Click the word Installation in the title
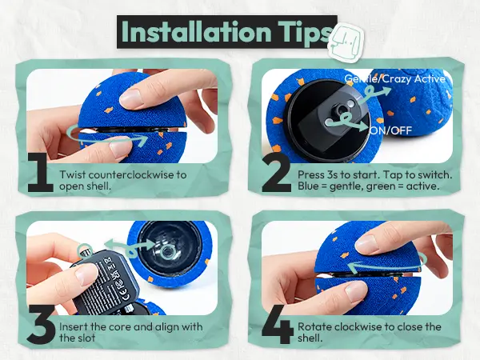pyautogui.click(x=196, y=32)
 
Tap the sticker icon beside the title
pyautogui.click(x=346, y=42)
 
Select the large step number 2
pyautogui.click(x=277, y=173)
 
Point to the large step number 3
pyautogui.click(x=41, y=324)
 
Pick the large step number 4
pyautogui.click(x=278, y=325)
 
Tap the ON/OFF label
pyautogui.click(x=391, y=130)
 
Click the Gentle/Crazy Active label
pyautogui.click(x=394, y=79)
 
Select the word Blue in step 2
pyautogui.click(x=308, y=186)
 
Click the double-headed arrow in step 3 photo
pyautogui.click(x=130, y=246)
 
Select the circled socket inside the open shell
pyautogui.click(x=167, y=252)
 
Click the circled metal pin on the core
pyautogui.click(x=86, y=250)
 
